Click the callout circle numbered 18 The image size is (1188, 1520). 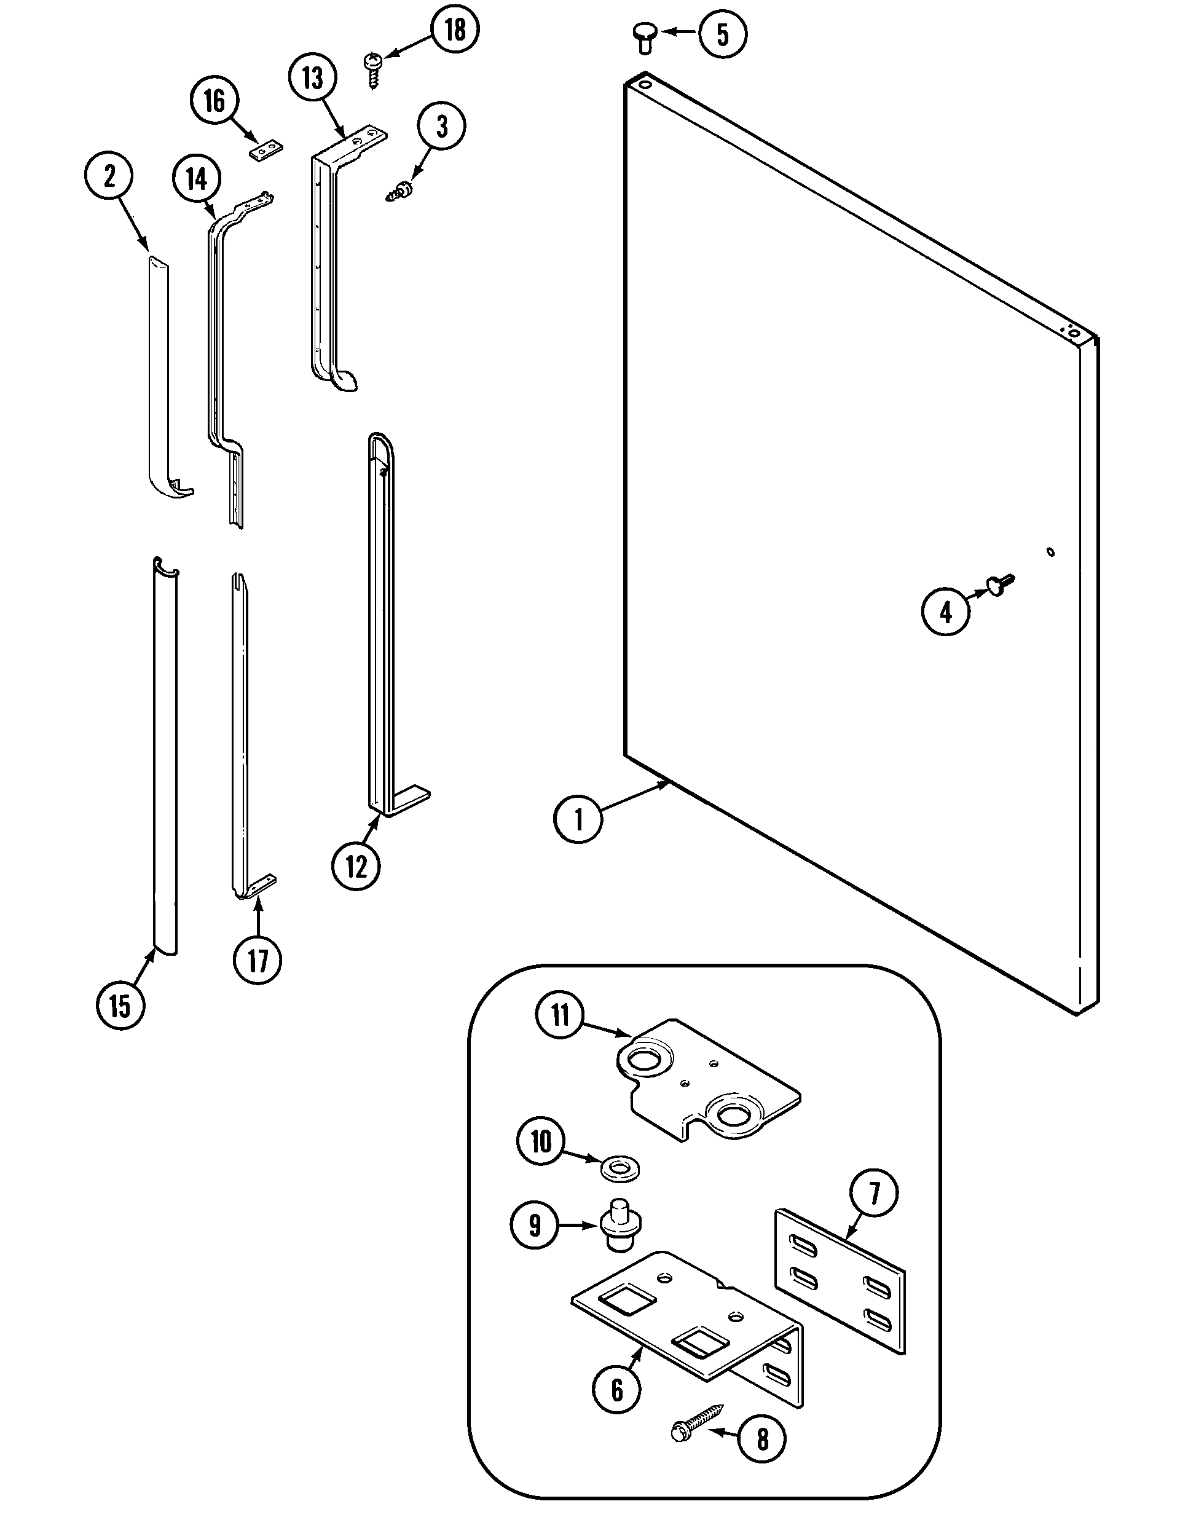(455, 31)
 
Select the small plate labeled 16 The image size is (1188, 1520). (266, 149)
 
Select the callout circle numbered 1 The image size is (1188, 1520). (578, 820)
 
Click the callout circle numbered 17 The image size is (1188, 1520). (258, 961)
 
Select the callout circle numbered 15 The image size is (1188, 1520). (120, 1006)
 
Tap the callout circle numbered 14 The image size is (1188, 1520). (197, 179)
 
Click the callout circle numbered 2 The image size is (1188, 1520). (109, 177)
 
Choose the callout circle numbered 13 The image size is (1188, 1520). (312, 78)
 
